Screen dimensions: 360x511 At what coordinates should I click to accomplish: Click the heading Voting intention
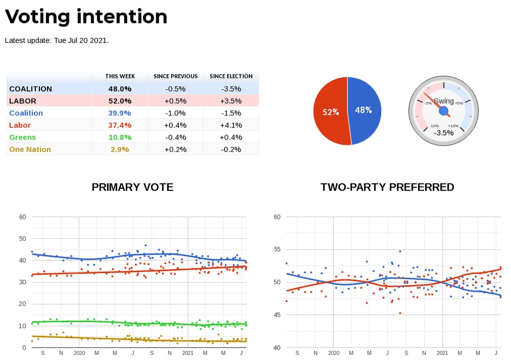pyautogui.click(x=86, y=17)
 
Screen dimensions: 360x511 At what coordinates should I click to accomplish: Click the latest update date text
pyautogui.click(x=56, y=40)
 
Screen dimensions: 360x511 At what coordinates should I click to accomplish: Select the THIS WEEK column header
pyautogui.click(x=120, y=76)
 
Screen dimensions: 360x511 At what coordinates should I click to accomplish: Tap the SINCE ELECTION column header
pyautogui.click(x=231, y=76)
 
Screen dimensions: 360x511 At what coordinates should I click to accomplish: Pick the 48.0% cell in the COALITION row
pyautogui.click(x=120, y=88)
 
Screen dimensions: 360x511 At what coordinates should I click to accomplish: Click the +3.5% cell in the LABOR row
pyautogui.click(x=231, y=101)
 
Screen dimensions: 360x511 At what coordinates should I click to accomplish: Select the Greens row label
pyautogui.click(x=23, y=137)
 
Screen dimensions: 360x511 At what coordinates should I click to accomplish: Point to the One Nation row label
pyautogui.click(x=30, y=149)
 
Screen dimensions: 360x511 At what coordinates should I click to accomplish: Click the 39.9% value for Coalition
pyautogui.click(x=120, y=113)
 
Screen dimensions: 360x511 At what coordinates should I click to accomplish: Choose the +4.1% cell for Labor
pyautogui.click(x=231, y=125)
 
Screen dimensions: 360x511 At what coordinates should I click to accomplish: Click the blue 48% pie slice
pyautogui.click(x=364, y=110)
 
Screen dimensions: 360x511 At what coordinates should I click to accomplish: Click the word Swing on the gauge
pyautogui.click(x=444, y=101)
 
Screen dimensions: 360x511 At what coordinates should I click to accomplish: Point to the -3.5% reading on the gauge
pyautogui.click(x=444, y=133)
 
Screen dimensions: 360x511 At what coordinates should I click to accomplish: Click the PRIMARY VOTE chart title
pyautogui.click(x=132, y=187)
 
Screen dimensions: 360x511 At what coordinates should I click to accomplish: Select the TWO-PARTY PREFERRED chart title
pyautogui.click(x=387, y=187)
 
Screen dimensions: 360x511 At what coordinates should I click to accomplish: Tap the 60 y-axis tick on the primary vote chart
pyautogui.click(x=22, y=217)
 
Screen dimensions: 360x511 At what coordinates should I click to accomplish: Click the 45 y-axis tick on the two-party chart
pyautogui.click(x=277, y=315)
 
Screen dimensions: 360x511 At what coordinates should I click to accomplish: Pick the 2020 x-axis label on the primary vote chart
pyautogui.click(x=79, y=353)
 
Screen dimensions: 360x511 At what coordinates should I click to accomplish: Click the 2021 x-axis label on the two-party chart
pyautogui.click(x=443, y=353)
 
